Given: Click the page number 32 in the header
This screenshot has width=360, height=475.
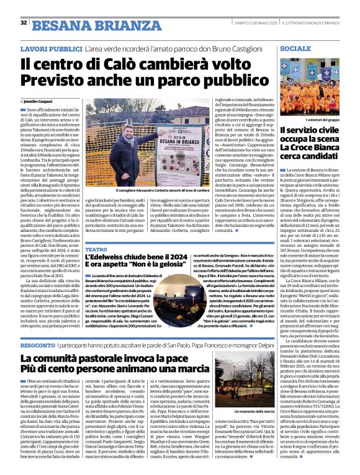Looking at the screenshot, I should (x=24, y=22).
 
